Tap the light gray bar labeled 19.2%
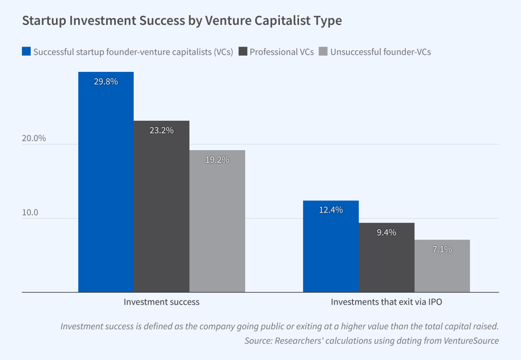(217, 221)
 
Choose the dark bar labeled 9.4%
(386, 257)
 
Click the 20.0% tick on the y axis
(34, 138)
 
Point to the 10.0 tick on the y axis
(31, 213)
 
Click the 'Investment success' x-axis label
(161, 302)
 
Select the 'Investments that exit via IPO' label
(386, 302)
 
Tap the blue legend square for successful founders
(26, 52)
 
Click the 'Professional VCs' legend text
(282, 52)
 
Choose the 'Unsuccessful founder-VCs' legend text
(380, 52)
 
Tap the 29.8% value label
(106, 82)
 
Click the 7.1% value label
(442, 249)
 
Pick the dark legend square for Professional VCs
(242, 52)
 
